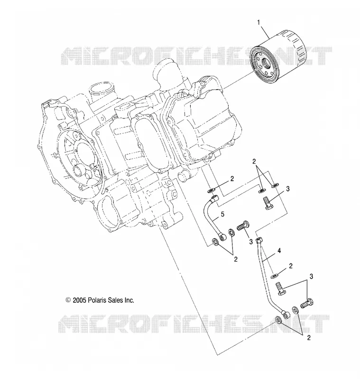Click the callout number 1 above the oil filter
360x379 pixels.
pyautogui.click(x=258, y=23)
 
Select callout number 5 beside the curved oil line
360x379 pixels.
pyautogui.click(x=222, y=214)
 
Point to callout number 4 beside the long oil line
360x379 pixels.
pyautogui.click(x=279, y=251)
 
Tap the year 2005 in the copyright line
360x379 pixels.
pyautogui.click(x=79, y=300)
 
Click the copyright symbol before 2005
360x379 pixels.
pyautogui.click(x=68, y=300)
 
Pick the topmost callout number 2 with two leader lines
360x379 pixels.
pyautogui.click(x=254, y=162)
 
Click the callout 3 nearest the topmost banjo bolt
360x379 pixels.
pyautogui.click(x=287, y=189)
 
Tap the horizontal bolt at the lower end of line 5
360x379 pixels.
pyautogui.click(x=243, y=226)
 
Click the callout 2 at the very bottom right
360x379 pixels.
pyautogui.click(x=308, y=338)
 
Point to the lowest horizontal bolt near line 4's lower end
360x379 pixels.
pyautogui.click(x=307, y=304)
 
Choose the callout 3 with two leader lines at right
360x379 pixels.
pyautogui.click(x=311, y=277)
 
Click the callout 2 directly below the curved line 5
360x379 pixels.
pyautogui.click(x=235, y=259)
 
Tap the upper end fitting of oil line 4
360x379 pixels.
pyautogui.click(x=259, y=241)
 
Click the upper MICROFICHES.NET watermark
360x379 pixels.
pyautogui.click(x=196, y=56)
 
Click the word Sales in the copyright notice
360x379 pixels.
pyautogui.click(x=115, y=300)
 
